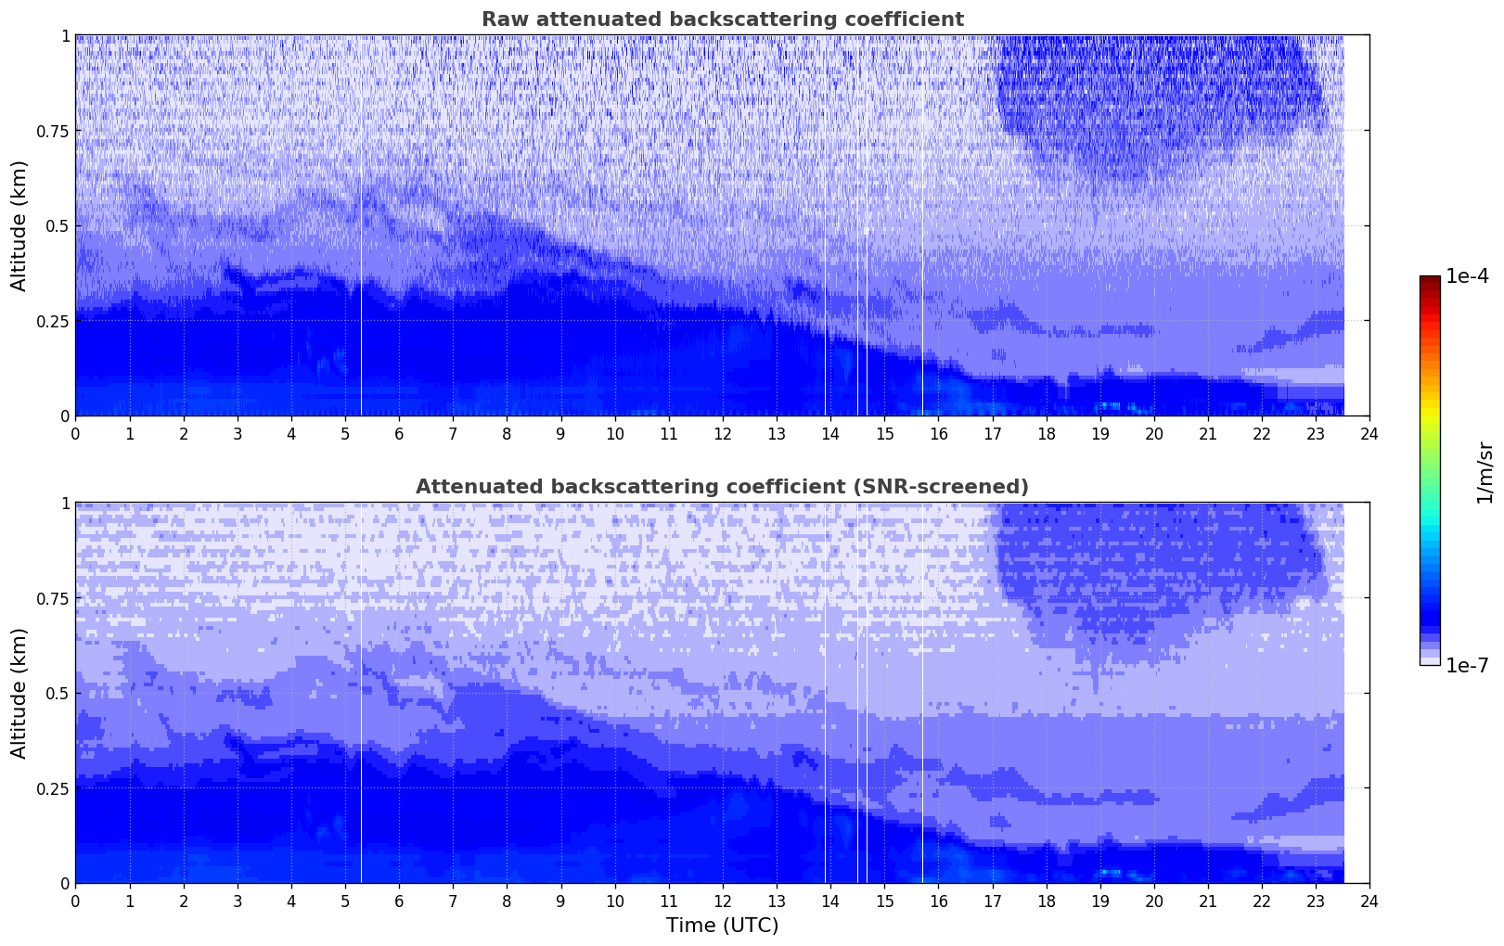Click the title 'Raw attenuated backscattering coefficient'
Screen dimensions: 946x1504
point(722,19)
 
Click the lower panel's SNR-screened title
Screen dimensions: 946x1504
point(722,487)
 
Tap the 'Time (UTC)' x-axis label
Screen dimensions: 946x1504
point(722,926)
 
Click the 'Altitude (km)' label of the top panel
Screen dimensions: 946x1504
point(19,225)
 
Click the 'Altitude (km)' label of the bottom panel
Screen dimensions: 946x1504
point(19,693)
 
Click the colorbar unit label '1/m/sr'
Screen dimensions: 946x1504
point(1485,473)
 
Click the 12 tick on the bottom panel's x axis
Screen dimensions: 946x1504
point(723,901)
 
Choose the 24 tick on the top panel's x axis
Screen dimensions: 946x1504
point(1369,434)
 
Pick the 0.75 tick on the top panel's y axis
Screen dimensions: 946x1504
point(51,131)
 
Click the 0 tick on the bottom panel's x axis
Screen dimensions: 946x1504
point(75,901)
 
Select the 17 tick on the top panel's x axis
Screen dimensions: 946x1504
point(992,434)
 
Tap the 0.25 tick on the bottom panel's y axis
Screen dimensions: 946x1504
point(51,788)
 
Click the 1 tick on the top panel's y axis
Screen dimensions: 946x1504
point(64,36)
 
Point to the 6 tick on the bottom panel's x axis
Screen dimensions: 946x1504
point(399,901)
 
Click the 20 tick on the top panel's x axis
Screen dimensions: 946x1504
point(1153,434)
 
